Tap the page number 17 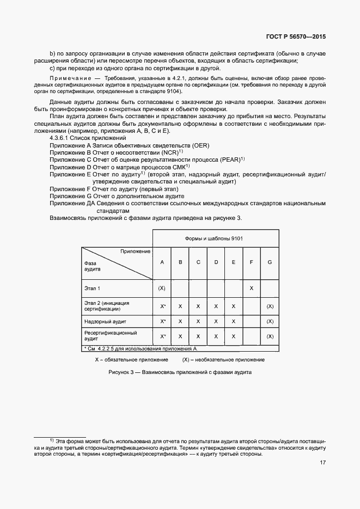[x=322, y=463]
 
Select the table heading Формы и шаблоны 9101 [x=216, y=239]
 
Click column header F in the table [x=251, y=262]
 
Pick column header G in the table [x=270, y=262]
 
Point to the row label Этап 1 [x=92, y=287]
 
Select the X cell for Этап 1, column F [x=251, y=287]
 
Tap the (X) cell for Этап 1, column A [x=162, y=287]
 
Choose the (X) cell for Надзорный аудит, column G [x=270, y=322]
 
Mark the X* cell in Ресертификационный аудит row [x=162, y=336]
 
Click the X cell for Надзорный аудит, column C [x=198, y=322]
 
